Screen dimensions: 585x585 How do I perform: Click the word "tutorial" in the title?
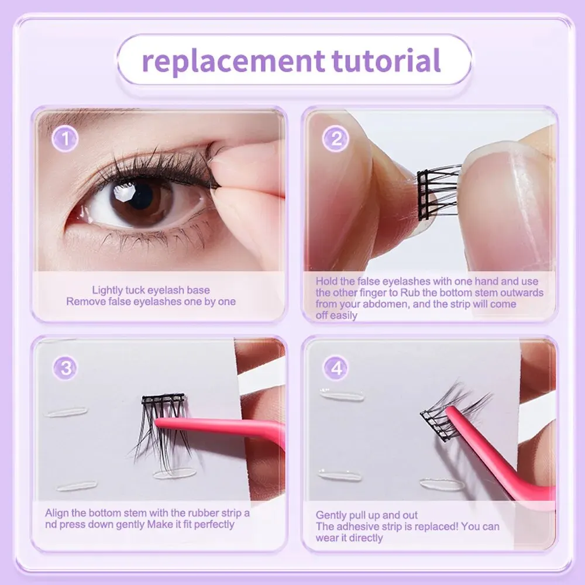click(386, 60)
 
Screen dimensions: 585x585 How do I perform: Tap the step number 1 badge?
click(65, 139)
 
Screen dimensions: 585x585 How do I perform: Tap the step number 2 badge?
click(335, 139)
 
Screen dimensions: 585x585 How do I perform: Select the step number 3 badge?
click(66, 368)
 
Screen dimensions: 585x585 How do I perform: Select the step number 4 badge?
click(336, 368)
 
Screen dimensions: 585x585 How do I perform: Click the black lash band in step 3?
click(163, 400)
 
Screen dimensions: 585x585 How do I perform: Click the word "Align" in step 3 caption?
click(57, 514)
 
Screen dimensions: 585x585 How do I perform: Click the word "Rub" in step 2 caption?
click(409, 292)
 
